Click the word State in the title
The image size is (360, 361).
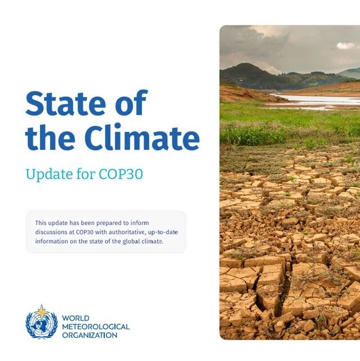65,103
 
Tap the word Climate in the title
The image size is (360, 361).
142,137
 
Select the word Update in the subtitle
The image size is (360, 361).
49,174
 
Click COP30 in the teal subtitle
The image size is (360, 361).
121,174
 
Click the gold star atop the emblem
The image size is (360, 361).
41,311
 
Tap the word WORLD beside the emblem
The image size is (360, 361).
75,318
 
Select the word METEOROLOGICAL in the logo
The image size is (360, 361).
96,327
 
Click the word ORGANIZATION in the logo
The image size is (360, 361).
90,335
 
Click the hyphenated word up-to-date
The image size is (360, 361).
163,232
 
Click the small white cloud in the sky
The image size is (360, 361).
346,46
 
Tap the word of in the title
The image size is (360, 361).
131,103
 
